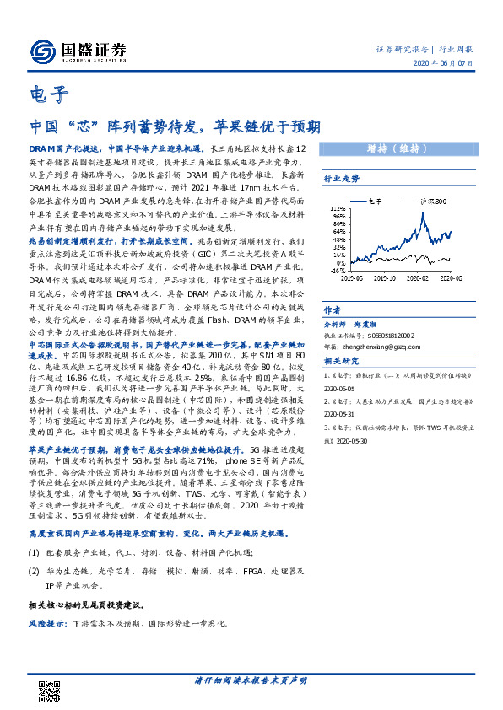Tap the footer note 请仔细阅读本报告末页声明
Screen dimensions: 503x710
tap(251, 679)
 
